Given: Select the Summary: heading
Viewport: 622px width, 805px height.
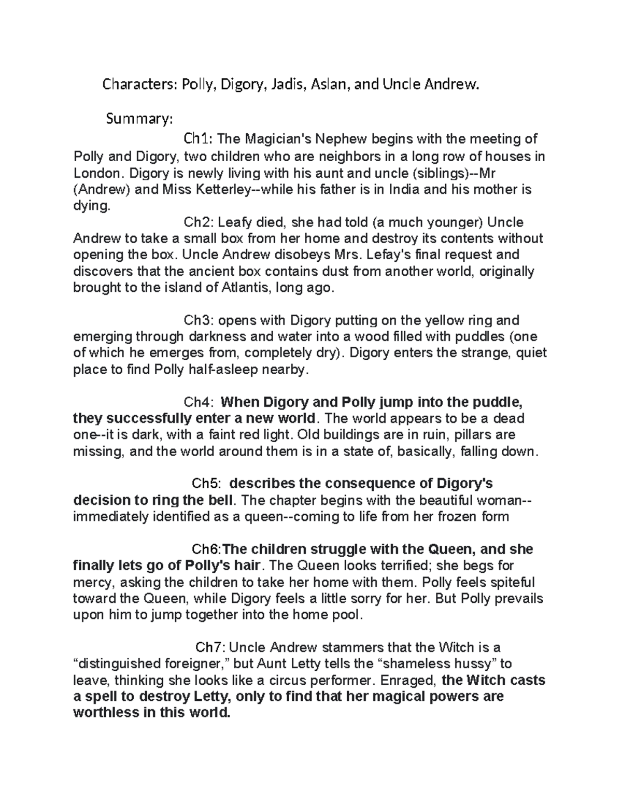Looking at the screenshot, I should coord(137,119).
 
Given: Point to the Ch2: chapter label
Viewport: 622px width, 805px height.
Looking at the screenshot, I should coord(199,222).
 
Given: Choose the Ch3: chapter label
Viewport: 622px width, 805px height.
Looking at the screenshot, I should coord(199,320).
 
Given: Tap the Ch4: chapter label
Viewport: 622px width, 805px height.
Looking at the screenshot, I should coord(199,402).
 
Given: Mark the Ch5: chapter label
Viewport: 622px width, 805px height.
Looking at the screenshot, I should coord(207,484).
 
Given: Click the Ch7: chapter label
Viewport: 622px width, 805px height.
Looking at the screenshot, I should coord(210,647).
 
